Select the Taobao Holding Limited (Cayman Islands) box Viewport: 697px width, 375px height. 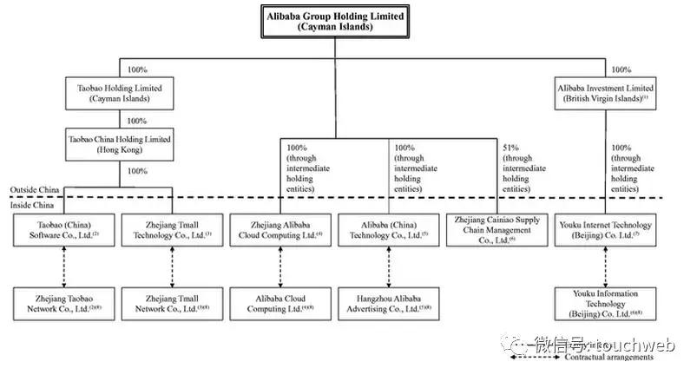point(120,93)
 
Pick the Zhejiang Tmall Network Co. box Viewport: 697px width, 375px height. point(170,301)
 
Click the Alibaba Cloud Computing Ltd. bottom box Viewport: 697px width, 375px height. point(279,301)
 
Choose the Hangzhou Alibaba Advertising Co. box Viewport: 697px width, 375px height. point(388,301)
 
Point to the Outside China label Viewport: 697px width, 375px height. point(33,189)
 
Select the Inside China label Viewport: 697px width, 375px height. point(30,205)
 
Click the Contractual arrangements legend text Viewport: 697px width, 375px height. point(608,358)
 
